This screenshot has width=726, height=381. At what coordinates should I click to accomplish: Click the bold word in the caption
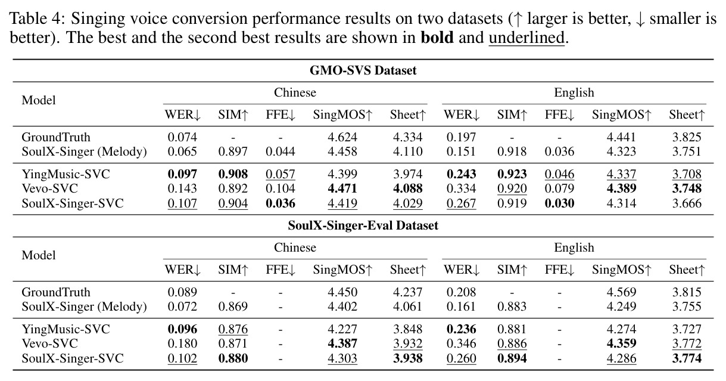pos(437,38)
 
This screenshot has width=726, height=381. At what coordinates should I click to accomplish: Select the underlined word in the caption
pos(526,38)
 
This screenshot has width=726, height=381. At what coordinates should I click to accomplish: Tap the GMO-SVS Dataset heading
pos(363,70)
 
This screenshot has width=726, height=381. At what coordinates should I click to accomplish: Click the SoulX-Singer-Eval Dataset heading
pos(363,225)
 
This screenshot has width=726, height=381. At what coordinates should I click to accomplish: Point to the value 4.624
pos(342,137)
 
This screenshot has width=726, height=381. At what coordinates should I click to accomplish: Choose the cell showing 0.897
pos(233,151)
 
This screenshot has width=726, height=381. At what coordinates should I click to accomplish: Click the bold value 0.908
pos(233,174)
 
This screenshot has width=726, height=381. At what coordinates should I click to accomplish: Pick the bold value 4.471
pos(342,188)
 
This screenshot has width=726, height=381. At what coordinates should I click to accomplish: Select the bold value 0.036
pos(281,203)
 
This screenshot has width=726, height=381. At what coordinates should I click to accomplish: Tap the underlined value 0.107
pos(182,203)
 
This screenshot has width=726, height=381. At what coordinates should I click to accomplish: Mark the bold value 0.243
pos(461,174)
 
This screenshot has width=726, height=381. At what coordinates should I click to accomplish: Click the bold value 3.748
pos(687,188)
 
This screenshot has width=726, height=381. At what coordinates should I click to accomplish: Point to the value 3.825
pos(687,137)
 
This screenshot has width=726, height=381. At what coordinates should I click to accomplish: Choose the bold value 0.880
pos(233,358)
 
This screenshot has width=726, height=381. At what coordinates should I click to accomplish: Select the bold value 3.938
pos(408,358)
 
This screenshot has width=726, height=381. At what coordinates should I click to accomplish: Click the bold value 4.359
pos(621,343)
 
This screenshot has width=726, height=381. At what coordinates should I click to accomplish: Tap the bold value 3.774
pos(687,358)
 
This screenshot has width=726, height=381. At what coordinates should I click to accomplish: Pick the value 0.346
pos(461,343)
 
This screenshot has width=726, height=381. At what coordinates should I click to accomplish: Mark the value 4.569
pos(621,292)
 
